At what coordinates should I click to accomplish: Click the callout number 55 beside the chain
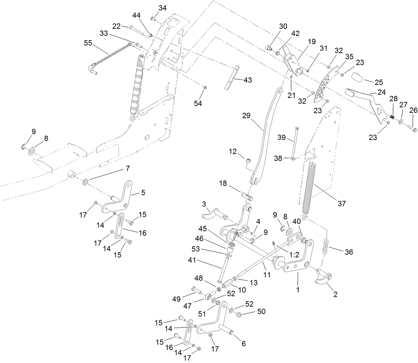point(88,43)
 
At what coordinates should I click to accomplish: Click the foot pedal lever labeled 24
point(366,100)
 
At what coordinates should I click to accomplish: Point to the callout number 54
point(198,104)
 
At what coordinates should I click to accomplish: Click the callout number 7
point(127,169)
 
